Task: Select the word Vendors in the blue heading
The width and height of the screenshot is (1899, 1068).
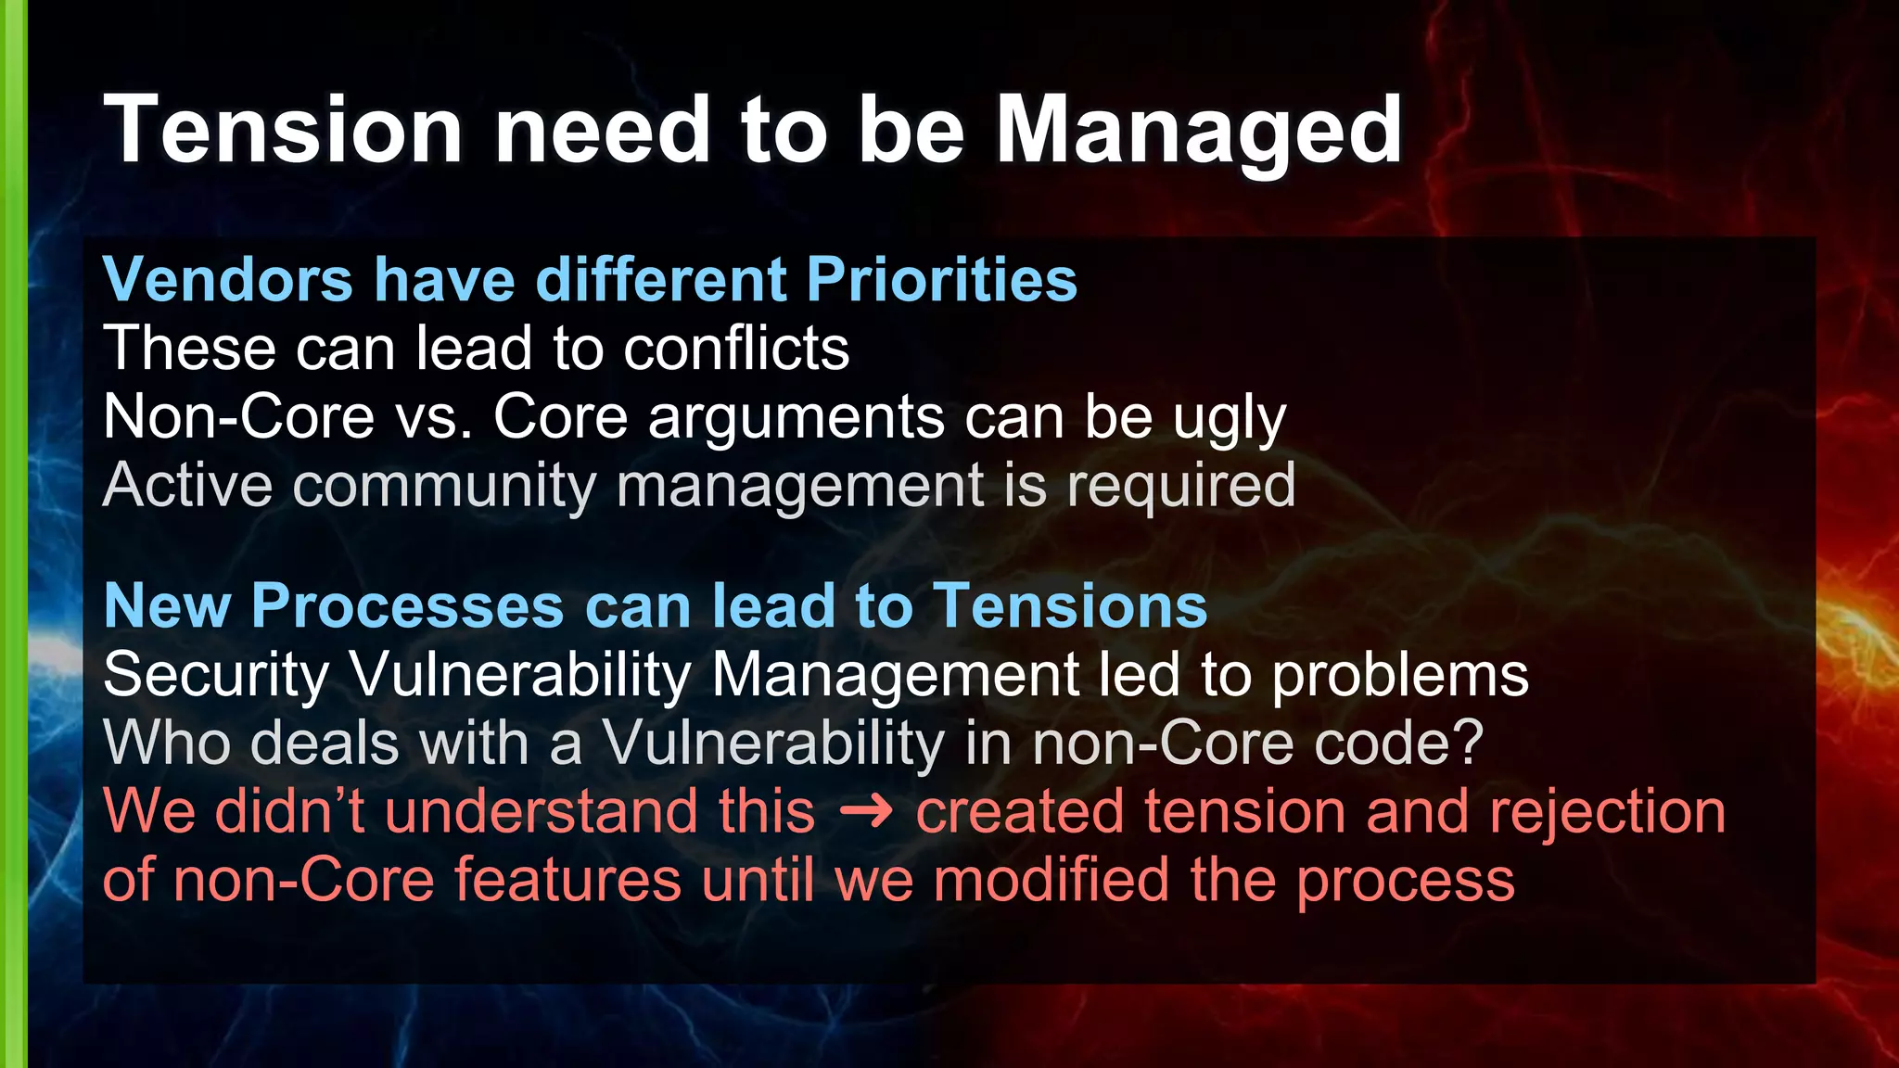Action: click(228, 279)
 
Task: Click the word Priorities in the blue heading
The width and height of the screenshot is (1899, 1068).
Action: click(941, 279)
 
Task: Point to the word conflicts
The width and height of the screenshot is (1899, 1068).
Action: click(736, 349)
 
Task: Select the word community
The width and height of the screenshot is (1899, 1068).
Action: click(443, 486)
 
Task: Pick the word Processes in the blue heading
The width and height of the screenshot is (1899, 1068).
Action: click(407, 606)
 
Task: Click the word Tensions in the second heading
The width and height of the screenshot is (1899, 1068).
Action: click(1070, 606)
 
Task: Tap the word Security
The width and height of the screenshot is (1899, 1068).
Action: click(216, 675)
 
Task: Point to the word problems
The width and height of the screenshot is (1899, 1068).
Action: click(1400, 675)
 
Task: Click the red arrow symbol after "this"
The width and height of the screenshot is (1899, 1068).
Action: click(865, 812)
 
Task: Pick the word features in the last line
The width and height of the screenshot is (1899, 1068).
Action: click(567, 880)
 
